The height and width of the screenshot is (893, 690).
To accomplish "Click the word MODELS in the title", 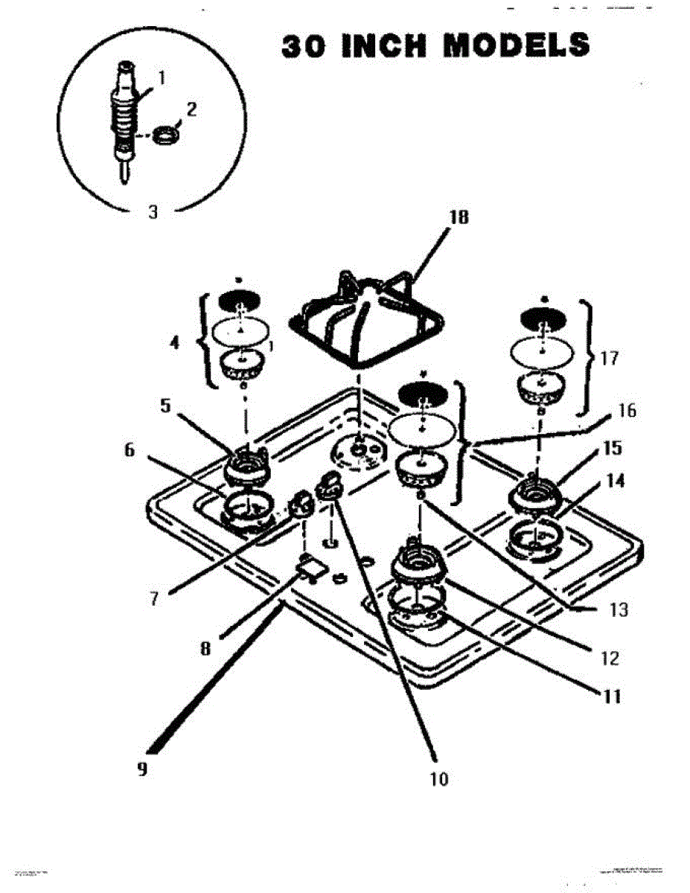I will pyautogui.click(x=516, y=45).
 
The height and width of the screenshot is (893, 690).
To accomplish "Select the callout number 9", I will pyautogui.click(x=141, y=769).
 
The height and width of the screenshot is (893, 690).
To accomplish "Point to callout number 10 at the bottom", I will pyautogui.click(x=439, y=779).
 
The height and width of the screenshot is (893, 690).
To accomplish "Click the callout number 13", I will pyautogui.click(x=619, y=610).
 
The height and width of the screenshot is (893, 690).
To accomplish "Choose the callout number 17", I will pyautogui.click(x=610, y=358).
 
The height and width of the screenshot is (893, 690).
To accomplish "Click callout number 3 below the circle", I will pyautogui.click(x=153, y=211).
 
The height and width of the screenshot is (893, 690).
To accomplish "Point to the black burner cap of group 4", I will pyautogui.click(x=238, y=301).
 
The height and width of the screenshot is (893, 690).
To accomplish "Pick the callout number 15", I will pyautogui.click(x=612, y=449).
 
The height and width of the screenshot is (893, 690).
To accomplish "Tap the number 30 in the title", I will pyautogui.click(x=304, y=45).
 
